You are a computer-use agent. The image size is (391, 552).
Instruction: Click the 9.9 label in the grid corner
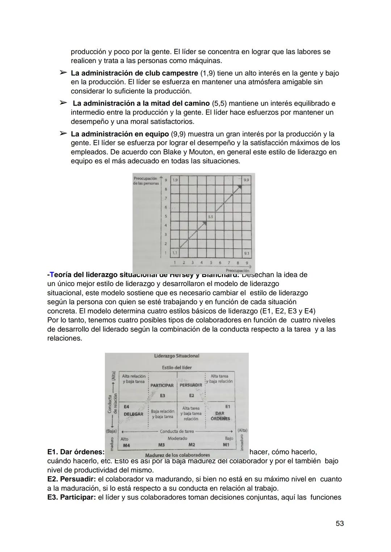(x=246, y=180)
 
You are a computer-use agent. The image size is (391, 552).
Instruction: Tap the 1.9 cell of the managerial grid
(x=175, y=180)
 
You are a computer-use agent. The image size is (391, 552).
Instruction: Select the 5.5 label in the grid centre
(x=210, y=217)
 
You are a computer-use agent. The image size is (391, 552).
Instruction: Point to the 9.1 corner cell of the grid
(x=247, y=254)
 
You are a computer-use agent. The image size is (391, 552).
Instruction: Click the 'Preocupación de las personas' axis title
(x=146, y=181)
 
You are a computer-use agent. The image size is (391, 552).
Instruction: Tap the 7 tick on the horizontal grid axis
(x=229, y=263)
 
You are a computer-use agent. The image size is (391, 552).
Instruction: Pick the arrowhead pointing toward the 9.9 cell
(x=239, y=187)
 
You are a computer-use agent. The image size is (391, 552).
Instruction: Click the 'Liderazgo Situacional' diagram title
(x=177, y=356)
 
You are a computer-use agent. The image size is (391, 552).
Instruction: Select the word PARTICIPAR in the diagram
(x=162, y=386)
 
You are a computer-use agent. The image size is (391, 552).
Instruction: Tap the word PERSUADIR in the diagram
(x=191, y=386)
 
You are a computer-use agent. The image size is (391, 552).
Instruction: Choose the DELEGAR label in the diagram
(x=134, y=414)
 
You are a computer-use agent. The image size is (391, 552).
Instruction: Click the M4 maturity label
(x=126, y=445)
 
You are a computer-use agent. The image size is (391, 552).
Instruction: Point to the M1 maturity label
(x=226, y=445)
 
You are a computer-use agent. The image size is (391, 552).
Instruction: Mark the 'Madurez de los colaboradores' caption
(x=177, y=455)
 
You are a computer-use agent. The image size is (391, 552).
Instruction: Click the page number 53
(x=340, y=523)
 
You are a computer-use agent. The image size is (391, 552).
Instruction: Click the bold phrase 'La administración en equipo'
(x=119, y=134)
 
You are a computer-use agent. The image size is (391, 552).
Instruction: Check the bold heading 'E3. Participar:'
(x=71, y=497)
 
